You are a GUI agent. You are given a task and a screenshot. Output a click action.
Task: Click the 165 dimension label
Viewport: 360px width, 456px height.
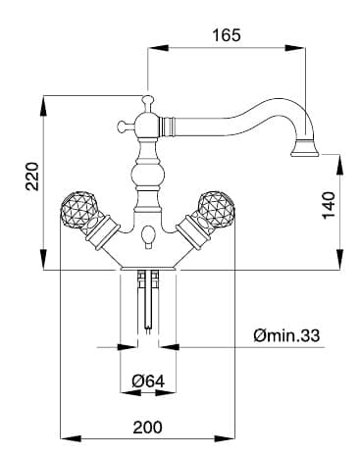227,35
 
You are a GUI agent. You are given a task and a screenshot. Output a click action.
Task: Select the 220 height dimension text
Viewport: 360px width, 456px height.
32,177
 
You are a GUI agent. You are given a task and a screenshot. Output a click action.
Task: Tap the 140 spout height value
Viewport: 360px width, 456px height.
329,206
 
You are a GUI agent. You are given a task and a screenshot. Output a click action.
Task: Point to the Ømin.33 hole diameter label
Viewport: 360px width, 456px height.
286,335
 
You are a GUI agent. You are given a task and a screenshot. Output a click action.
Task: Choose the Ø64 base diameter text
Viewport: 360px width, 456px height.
148,380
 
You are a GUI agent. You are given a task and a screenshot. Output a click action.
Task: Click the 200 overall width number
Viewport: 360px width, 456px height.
147,428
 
